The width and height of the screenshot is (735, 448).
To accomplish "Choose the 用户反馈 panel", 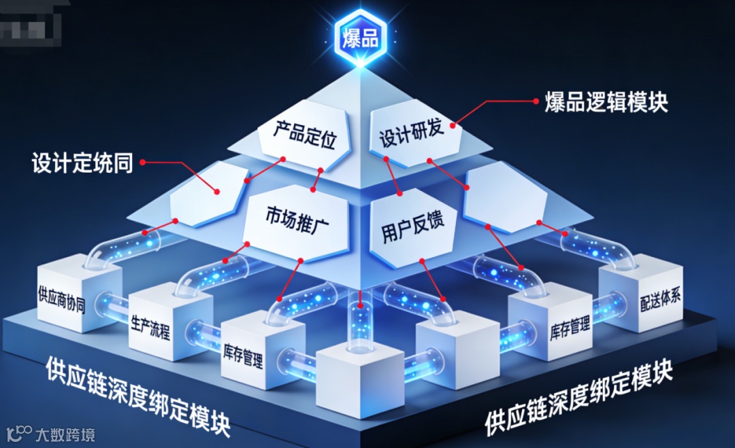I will (408, 228).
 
